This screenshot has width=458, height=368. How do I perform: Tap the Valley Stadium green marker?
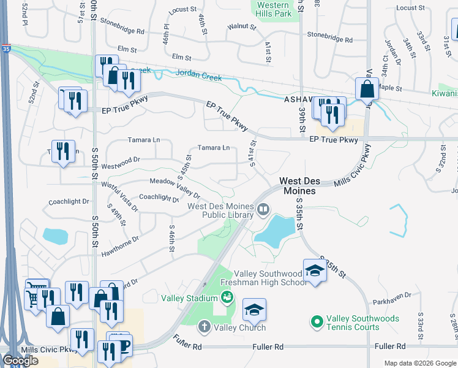(227, 298)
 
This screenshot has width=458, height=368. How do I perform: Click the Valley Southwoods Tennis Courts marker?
(317, 321)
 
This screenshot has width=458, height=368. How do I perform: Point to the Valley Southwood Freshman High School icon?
(315, 270)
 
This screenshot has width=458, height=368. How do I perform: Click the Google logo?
(20, 361)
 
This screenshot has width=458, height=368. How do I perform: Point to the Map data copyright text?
(419, 363)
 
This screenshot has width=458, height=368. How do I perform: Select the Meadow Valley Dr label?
(175, 182)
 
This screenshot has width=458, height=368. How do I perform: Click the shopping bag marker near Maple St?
(367, 89)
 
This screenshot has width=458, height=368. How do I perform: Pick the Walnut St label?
(241, 27)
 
